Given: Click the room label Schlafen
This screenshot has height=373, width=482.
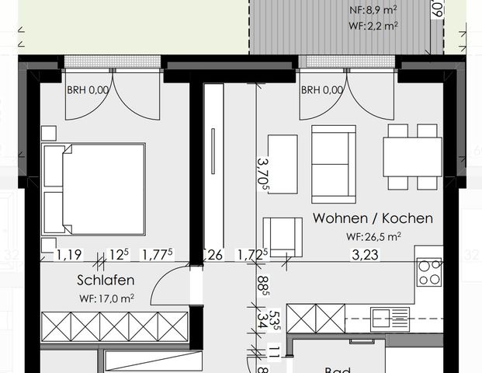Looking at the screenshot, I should pos(106,280).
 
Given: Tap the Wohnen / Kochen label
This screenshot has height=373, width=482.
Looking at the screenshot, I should pos(373,219).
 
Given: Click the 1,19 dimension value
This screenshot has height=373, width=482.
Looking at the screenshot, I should pos(68,253).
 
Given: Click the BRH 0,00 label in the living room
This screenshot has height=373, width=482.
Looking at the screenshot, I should pos(322,90).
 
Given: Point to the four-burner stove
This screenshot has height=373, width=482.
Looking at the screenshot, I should pos(429,273).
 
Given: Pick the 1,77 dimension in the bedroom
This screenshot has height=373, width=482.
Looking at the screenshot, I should pos(158,253).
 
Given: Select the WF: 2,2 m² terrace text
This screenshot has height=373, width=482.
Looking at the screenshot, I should pos(373,25).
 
